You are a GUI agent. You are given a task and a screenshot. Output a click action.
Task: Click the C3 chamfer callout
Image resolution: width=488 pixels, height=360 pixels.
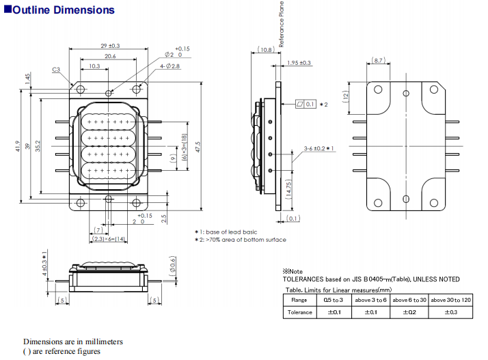pyautogui.click(x=56, y=69)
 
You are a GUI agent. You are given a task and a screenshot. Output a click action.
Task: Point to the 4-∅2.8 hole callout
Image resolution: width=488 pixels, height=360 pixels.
pyautogui.click(x=170, y=66)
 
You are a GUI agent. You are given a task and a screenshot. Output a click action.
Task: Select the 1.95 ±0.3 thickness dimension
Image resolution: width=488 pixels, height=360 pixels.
pyautogui.click(x=299, y=63)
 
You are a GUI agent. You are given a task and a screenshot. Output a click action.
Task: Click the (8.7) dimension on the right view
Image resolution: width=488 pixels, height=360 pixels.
pyautogui.click(x=381, y=61)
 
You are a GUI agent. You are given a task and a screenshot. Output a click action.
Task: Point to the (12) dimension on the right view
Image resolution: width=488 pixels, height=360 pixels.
pyautogui.click(x=347, y=96)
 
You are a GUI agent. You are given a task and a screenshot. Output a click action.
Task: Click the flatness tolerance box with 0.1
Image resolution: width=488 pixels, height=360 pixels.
pyautogui.click(x=306, y=104)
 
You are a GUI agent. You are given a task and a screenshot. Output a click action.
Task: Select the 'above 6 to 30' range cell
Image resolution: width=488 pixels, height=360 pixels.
pyautogui.click(x=409, y=299)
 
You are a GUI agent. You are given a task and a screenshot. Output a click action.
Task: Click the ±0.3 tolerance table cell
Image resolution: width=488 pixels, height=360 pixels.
pyautogui.click(x=451, y=312)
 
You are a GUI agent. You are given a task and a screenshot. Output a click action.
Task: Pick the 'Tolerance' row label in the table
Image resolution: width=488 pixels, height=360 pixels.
pyautogui.click(x=301, y=312)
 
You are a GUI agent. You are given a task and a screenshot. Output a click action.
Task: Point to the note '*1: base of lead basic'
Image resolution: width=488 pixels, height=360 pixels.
pyautogui.click(x=230, y=232)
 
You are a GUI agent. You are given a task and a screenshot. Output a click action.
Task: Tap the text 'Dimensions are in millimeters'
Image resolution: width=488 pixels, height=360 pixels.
pyautogui.click(x=72, y=342)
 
